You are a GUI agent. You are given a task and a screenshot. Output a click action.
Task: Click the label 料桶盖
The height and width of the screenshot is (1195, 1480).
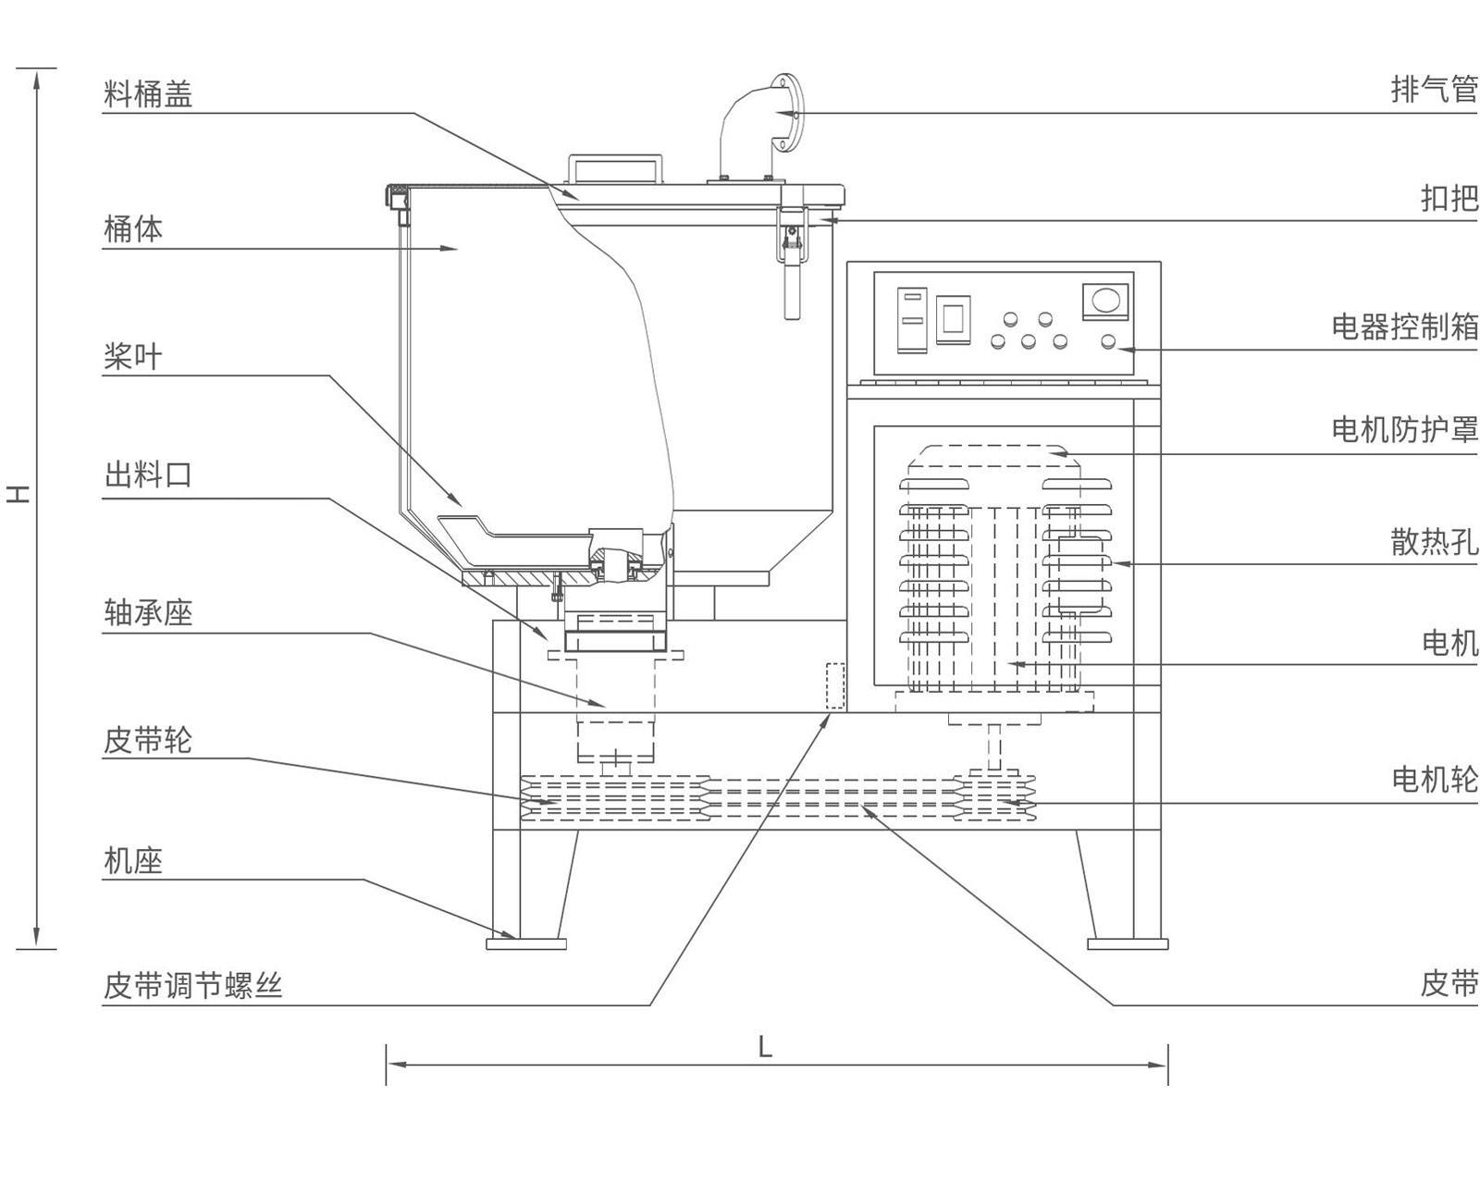(x=148, y=94)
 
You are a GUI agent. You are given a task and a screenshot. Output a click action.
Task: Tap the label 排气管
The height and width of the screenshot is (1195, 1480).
(x=1434, y=90)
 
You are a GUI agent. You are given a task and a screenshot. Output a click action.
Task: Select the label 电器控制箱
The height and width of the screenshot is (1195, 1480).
(x=1404, y=326)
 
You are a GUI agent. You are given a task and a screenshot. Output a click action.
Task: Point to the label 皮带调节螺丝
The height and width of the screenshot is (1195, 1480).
(x=192, y=986)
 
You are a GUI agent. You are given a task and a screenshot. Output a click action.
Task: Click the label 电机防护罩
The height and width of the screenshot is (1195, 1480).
(x=1404, y=429)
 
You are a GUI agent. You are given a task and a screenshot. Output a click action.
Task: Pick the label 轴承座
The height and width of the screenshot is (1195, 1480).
(x=148, y=612)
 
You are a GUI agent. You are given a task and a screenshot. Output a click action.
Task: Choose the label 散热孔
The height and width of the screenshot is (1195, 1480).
(x=1434, y=541)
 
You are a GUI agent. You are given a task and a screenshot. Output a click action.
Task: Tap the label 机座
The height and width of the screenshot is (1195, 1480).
(x=133, y=861)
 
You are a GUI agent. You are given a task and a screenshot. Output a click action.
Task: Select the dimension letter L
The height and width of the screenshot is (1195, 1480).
(x=765, y=1047)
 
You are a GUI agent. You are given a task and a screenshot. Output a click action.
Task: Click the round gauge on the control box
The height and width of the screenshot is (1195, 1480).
(x=1106, y=301)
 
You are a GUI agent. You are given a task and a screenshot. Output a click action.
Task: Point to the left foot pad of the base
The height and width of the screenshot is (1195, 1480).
(x=525, y=943)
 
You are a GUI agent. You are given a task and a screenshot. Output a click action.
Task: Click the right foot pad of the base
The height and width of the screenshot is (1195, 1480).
(x=1128, y=943)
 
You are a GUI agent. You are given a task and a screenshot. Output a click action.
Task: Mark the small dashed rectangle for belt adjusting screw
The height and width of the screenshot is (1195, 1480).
(x=835, y=685)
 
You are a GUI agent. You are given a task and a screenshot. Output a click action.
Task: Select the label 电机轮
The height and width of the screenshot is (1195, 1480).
(x=1434, y=780)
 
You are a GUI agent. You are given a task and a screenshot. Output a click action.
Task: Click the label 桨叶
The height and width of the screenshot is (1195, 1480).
(x=133, y=356)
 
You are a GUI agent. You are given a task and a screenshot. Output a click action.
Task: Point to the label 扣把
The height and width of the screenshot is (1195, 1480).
(x=1449, y=198)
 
